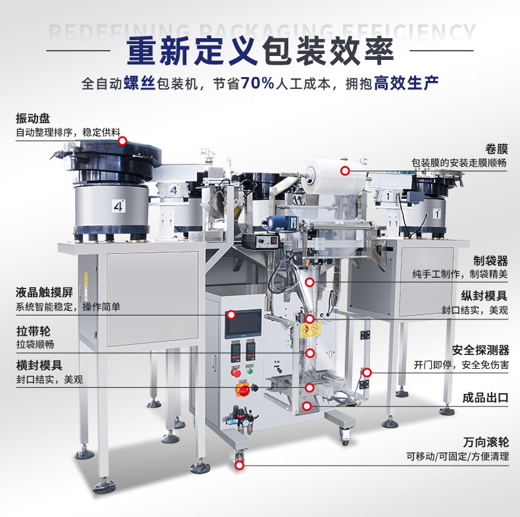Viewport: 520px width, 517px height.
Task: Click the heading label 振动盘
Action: [x=32, y=119]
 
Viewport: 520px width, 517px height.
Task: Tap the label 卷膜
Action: [x=497, y=150]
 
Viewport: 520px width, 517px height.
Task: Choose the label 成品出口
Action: [x=486, y=398]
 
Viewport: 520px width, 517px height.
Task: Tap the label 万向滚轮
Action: [x=486, y=442]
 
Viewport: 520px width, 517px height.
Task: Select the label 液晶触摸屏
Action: [x=44, y=293]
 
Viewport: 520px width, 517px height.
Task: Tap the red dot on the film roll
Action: [x=344, y=171]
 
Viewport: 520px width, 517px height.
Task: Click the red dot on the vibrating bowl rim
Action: [x=122, y=141]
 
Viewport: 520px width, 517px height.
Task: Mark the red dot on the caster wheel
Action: [x=239, y=465]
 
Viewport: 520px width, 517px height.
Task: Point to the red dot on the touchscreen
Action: [x=231, y=315]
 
